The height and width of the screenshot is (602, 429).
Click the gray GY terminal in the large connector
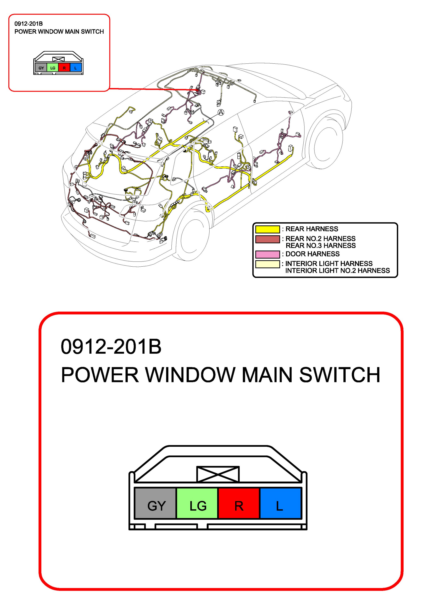[x=155, y=506]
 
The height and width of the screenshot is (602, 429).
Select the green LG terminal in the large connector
[x=197, y=506]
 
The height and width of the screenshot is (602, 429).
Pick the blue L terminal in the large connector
[x=280, y=506]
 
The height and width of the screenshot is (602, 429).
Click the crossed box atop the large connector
[x=218, y=474]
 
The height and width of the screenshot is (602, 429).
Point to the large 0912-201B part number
[x=111, y=347]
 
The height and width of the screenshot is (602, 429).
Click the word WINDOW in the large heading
[x=190, y=375]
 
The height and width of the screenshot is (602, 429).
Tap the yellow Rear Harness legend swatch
[x=267, y=229]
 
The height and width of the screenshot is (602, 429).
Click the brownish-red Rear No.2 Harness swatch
[x=267, y=239]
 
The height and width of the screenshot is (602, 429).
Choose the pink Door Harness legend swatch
[x=267, y=254]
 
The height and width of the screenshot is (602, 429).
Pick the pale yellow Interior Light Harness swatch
[x=267, y=264]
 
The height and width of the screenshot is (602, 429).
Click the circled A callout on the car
[x=221, y=112]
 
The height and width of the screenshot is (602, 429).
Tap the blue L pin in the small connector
[x=76, y=68]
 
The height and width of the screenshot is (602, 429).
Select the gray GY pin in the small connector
[x=41, y=68]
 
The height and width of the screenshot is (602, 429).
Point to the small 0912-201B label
[x=28, y=24]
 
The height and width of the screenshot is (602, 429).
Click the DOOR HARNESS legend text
[x=312, y=254]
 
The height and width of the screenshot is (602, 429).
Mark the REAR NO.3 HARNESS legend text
[x=321, y=246]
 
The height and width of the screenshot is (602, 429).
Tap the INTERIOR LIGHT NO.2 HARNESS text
[x=337, y=271]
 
